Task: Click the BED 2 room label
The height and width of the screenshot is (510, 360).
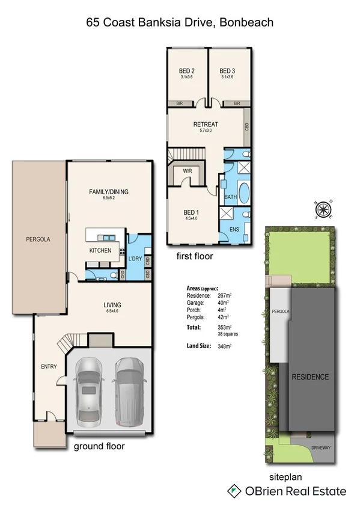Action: pyautogui.click(x=187, y=70)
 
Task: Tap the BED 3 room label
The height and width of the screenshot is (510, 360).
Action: pyautogui.click(x=227, y=70)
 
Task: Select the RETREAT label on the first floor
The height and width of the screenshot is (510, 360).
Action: pyautogui.click(x=205, y=124)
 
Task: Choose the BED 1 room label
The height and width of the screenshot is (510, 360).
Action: pyautogui.click(x=192, y=212)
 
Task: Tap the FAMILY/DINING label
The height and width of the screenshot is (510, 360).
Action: pyautogui.click(x=109, y=192)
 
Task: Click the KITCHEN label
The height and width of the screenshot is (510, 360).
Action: pyautogui.click(x=100, y=250)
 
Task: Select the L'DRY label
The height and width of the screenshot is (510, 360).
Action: pyautogui.click(x=135, y=259)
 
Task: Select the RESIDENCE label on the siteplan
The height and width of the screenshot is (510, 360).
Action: pyautogui.click(x=310, y=377)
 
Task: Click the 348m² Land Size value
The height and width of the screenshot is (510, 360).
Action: pyautogui.click(x=224, y=346)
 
